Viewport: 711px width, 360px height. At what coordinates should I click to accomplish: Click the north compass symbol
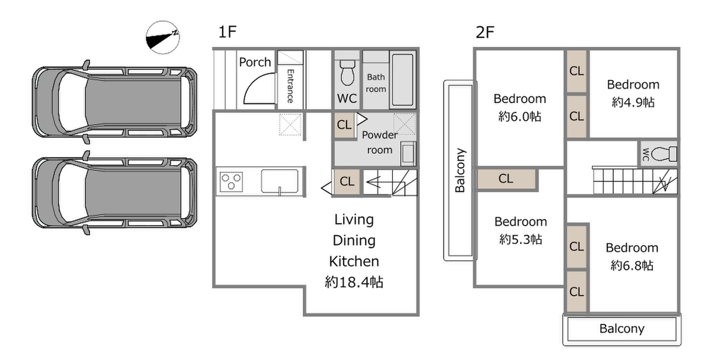[163, 37]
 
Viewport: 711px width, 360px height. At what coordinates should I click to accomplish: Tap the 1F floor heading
[228, 32]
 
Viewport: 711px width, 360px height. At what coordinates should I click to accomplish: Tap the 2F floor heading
[485, 33]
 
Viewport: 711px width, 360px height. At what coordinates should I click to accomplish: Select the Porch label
[255, 62]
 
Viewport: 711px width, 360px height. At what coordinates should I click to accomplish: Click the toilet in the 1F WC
[347, 73]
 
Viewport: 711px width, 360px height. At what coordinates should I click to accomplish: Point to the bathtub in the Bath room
[402, 79]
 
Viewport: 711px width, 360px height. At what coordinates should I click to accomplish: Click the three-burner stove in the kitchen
[232, 181]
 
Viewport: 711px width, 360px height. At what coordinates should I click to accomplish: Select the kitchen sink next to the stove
[280, 181]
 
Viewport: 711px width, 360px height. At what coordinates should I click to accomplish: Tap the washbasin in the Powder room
[408, 153]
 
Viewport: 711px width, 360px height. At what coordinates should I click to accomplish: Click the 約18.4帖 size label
[354, 282]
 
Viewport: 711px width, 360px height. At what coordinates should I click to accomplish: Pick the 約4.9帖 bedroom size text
[633, 102]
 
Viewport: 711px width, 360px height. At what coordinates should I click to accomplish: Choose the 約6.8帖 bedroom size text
[632, 265]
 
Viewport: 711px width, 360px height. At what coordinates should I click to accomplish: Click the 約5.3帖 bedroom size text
[521, 239]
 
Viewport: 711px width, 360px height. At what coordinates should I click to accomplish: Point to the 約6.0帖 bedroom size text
[520, 117]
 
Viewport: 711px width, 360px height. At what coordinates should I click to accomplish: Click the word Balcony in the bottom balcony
[622, 329]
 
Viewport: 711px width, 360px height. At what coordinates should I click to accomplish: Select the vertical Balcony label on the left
[460, 171]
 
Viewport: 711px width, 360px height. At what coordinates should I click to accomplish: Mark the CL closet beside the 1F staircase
[347, 181]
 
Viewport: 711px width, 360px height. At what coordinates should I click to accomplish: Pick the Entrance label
[290, 86]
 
